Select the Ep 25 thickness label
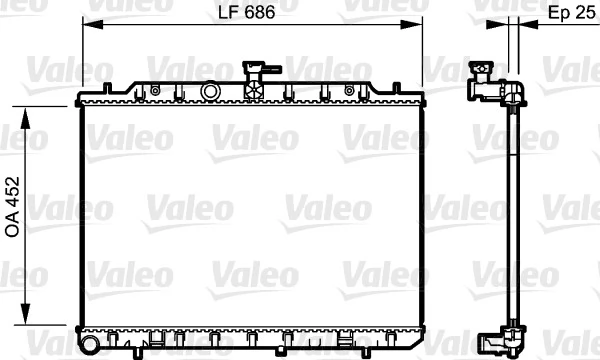(x=570, y=13)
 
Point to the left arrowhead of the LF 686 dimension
(x=87, y=27)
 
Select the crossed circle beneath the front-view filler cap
(x=254, y=90)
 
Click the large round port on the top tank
(x=210, y=91)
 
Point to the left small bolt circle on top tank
(x=156, y=90)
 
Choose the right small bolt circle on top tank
(x=349, y=90)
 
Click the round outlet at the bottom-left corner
(x=89, y=345)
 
